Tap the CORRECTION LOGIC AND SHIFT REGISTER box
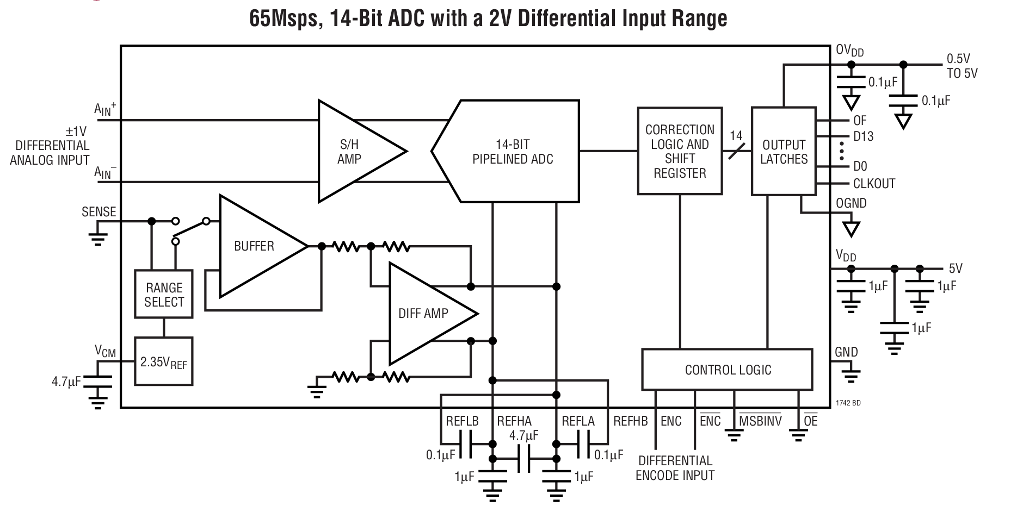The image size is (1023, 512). click(x=680, y=151)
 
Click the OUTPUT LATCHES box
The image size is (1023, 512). click(x=784, y=152)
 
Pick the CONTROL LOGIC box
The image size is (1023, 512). click(x=728, y=370)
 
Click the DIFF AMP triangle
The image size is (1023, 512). click(x=424, y=313)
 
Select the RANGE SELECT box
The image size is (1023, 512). click(x=164, y=295)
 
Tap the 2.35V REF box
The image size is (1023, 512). click(x=163, y=362)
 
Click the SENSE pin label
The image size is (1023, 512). click(x=98, y=212)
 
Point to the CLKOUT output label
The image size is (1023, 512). click(x=873, y=184)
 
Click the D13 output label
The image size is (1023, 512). click(x=863, y=136)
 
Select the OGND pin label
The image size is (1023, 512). click(x=851, y=203)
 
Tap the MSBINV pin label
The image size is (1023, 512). click(x=760, y=421)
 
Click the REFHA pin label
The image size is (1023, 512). click(x=514, y=421)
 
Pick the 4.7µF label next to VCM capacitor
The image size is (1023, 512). click(x=66, y=382)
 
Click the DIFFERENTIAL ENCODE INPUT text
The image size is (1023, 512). click(x=675, y=468)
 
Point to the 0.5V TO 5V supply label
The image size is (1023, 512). click(x=962, y=66)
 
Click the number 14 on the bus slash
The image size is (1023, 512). click(x=736, y=135)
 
